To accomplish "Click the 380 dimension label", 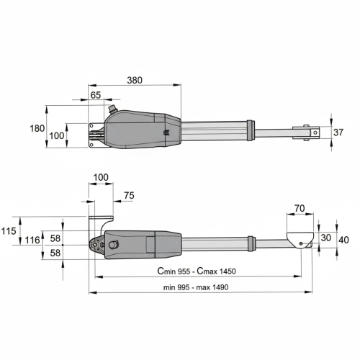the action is (135, 80).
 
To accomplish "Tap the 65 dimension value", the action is (96, 95).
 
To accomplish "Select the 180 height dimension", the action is (37, 128).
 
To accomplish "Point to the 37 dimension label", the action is (338, 132).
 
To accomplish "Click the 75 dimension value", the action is (129, 196).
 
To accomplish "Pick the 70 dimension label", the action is (300, 208).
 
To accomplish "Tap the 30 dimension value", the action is (325, 238).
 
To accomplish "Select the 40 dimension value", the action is (343, 240).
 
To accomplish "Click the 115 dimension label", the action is (9, 231).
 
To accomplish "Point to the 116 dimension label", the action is (32, 240).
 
